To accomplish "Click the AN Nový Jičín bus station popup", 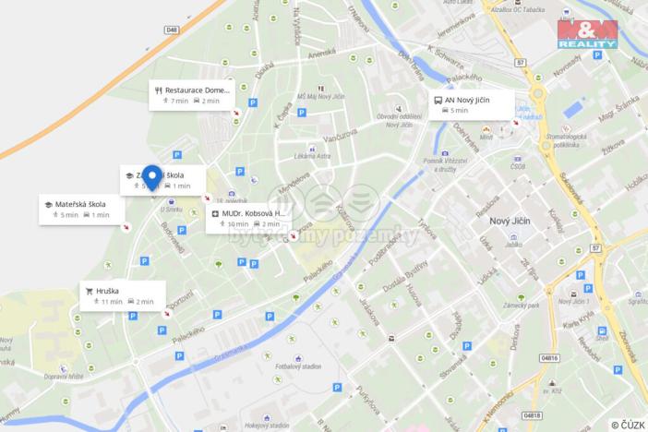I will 473,104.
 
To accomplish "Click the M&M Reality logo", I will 586,35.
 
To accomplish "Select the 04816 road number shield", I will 549,357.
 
